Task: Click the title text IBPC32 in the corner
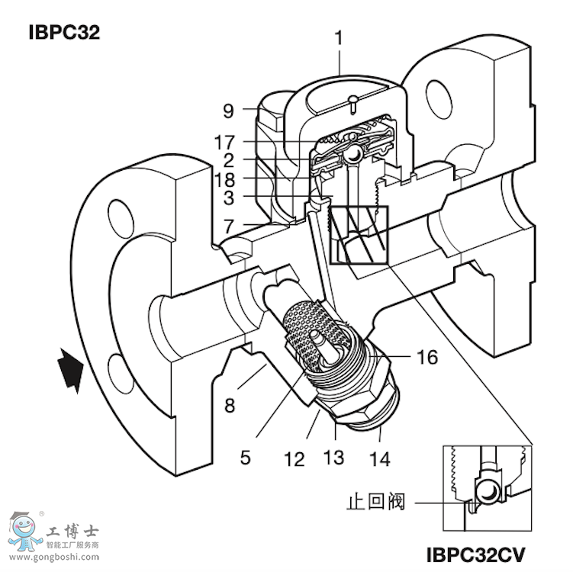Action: (64, 33)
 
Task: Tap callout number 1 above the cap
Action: (339, 36)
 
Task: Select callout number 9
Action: (228, 110)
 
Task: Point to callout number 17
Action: (224, 143)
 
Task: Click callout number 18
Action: (224, 180)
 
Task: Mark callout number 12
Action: (295, 459)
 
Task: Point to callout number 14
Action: (379, 459)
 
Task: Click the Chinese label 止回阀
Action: (375, 503)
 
